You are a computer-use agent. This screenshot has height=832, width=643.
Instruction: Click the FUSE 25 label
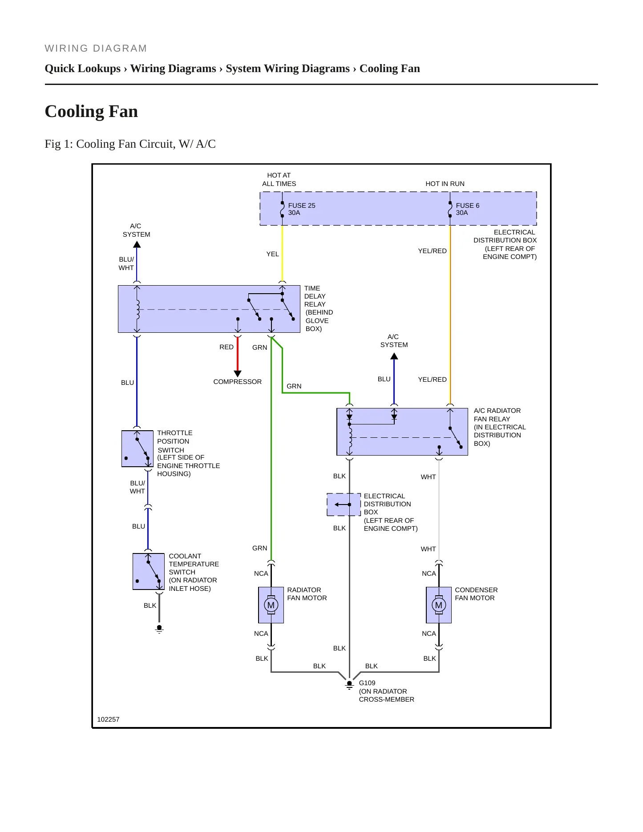301,206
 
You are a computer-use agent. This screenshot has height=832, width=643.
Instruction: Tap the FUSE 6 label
467,206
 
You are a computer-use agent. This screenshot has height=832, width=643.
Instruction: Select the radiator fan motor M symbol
271,605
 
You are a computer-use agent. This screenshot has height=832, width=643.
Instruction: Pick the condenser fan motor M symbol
439,605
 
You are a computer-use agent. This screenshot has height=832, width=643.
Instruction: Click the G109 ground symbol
349,685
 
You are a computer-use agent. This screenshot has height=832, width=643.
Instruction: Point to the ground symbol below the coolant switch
159,629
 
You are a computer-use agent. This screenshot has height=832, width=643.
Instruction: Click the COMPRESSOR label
237,382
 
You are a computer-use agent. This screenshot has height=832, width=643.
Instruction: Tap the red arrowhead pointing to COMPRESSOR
238,374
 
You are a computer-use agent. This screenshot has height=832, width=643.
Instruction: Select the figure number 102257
108,719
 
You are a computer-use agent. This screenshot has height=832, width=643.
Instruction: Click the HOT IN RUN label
445,184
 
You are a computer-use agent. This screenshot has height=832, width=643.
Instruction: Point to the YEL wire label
272,254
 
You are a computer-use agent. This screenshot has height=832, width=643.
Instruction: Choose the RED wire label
226,347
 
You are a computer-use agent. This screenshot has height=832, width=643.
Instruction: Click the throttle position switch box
137,448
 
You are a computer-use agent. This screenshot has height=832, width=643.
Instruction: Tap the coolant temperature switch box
149,571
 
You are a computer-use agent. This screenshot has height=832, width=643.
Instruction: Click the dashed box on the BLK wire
344,505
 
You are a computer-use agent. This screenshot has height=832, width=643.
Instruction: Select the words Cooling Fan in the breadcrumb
390,69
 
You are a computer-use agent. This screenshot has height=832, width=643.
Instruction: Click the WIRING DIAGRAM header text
96,48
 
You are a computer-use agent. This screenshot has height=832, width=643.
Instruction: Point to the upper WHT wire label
429,477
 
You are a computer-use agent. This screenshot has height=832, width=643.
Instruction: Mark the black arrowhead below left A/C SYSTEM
137,245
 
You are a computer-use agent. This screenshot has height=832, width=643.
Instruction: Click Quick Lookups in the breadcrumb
83,69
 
